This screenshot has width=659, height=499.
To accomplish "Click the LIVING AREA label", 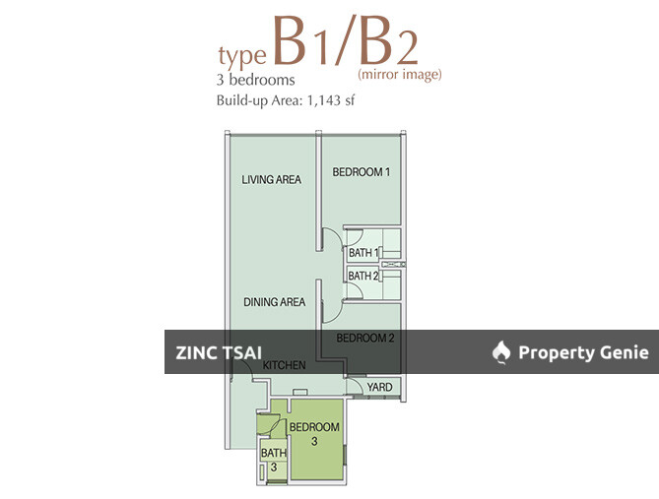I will [271, 179].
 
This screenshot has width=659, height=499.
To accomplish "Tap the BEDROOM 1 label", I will [361, 172].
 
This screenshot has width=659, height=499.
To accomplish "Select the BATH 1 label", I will [363, 253].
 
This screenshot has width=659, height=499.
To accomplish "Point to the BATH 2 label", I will [363, 277].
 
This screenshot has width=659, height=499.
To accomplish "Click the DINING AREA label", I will [274, 302].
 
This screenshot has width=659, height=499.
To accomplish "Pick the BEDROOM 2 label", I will [364, 338].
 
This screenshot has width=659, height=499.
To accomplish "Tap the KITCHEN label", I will [284, 366].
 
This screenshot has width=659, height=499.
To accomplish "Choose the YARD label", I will [379, 387].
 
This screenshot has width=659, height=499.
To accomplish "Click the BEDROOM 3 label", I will [314, 434].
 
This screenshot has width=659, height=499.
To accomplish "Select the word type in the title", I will [241, 53].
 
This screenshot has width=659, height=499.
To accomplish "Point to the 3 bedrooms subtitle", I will [254, 80].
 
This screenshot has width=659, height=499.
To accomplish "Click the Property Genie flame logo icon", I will [501, 351].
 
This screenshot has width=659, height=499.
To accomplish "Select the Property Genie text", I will [583, 352].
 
